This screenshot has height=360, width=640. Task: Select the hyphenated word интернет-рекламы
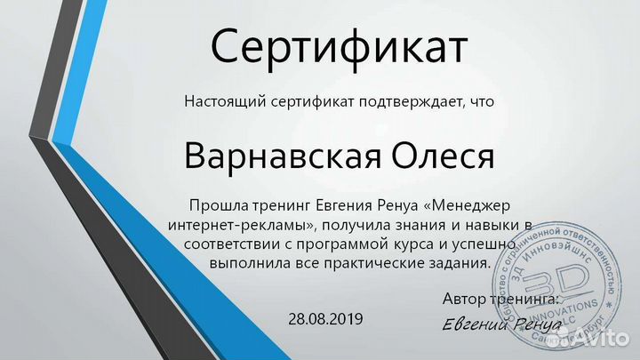(x=241, y=225)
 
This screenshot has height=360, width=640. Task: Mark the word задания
(x=461, y=262)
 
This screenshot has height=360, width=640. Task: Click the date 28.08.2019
(x=326, y=317)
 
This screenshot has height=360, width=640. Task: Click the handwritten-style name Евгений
(x=475, y=324)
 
